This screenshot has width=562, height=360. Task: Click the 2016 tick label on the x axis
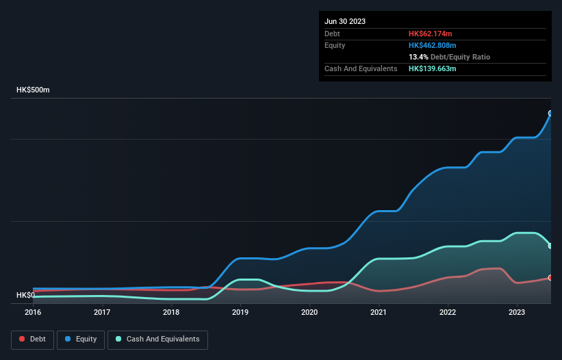[33, 312]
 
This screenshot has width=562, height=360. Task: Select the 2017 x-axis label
[102, 312]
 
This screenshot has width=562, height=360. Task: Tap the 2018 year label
[171, 312]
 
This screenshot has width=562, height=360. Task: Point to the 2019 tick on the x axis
[240, 312]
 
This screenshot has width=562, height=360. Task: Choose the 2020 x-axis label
[309, 312]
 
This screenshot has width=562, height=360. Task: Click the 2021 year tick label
[379, 312]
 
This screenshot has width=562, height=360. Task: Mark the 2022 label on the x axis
[448, 312]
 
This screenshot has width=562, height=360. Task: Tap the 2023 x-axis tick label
[517, 312]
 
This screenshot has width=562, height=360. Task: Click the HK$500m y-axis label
[33, 90]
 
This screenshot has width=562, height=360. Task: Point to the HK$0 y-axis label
[25, 295]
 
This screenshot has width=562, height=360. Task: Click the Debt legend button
[31, 339]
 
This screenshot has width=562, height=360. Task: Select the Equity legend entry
[81, 339]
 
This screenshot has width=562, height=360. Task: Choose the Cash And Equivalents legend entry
[157, 339]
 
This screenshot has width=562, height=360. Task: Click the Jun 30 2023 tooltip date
[345, 21]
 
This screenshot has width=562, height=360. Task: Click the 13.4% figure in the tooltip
[419, 57]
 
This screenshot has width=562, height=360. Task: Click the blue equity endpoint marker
[550, 113]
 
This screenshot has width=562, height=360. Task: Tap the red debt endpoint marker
[550, 277]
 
